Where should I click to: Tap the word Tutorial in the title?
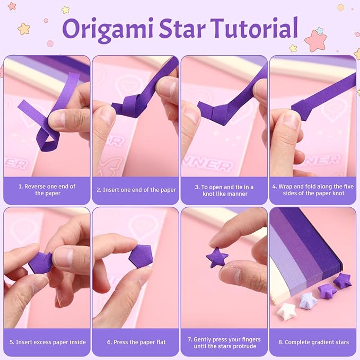[x=254, y=28]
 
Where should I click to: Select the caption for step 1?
[x=47, y=190]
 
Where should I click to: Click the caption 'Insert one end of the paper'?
[x=136, y=190]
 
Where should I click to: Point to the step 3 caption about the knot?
[x=225, y=190]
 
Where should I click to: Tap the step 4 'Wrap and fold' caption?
[x=313, y=190]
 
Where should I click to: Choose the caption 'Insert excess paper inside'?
[x=48, y=342]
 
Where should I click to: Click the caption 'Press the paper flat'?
[x=136, y=342]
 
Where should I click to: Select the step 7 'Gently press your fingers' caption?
[x=225, y=343]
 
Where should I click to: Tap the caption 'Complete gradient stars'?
[x=314, y=342]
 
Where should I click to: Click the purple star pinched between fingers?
[x=217, y=257]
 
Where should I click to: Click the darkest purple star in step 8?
[x=343, y=280]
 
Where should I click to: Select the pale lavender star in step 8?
[x=308, y=300]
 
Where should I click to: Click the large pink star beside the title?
[x=315, y=41]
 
